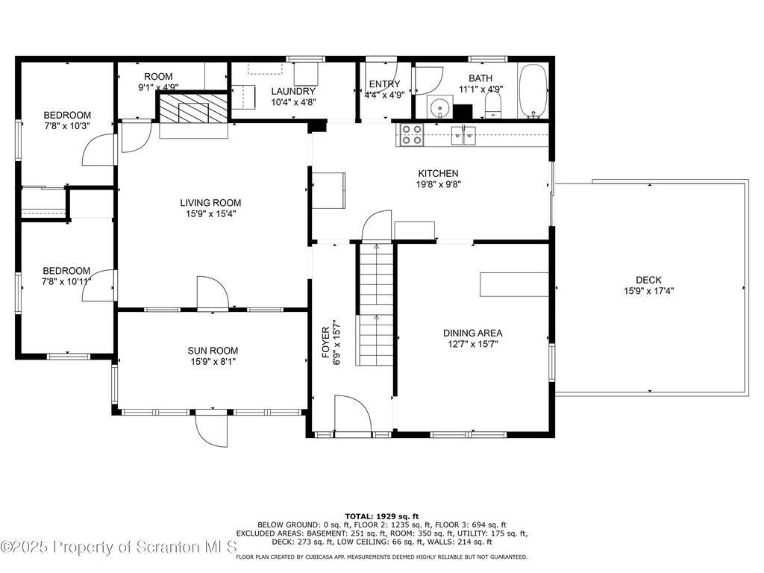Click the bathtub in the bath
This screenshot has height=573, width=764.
pos(533,92)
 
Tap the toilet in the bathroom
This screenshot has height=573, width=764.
pos(493,105)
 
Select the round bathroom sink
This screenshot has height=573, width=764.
pos(440,107)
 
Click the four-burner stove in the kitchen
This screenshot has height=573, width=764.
pos(411,134)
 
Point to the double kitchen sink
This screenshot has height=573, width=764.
pos(463,135)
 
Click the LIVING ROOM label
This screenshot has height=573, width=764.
pos(210,203)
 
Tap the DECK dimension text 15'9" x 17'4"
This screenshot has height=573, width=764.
pos(648,291)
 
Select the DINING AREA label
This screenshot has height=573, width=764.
pos(472,334)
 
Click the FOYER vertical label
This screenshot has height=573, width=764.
pos(325,342)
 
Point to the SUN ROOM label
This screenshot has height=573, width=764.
pos(213,351)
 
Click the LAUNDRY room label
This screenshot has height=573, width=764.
pos(293,91)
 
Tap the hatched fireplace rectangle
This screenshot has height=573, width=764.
pos(194,108)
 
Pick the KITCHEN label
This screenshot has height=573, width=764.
pos(438,173)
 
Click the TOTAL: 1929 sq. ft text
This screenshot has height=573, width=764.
pos(382,516)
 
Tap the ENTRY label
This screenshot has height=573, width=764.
pos(384,84)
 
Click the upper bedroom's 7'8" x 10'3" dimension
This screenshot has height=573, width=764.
pos(67,126)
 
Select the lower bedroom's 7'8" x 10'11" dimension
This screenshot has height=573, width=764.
pos(66,281)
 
